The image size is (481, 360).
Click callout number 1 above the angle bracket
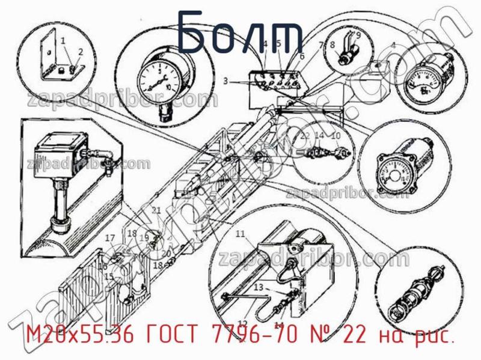tap(63, 41)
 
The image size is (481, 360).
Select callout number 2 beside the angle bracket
tap(80, 52)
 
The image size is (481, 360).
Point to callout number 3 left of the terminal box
tap(225, 81)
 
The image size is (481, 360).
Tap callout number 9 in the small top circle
tap(358, 35)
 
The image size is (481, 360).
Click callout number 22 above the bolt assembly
tap(305, 135)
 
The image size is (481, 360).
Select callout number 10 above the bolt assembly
tap(336, 135)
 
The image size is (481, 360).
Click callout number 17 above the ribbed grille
tap(110, 238)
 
